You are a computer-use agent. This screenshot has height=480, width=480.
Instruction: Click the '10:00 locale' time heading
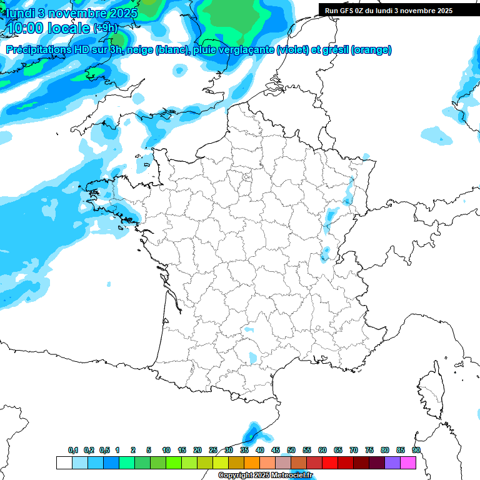coord(47,27)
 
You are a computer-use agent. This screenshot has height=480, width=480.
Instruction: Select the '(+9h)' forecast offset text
coord(105,28)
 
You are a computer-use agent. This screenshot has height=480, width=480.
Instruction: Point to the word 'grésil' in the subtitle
coord(334,50)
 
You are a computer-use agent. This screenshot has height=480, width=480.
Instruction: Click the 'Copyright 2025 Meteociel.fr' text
coord(265,476)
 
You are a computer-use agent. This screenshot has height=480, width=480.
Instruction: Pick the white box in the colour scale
coord(64,463)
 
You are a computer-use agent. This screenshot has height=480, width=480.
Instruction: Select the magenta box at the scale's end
coord(408,463)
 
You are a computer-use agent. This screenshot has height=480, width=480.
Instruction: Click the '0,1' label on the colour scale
coord(73,451)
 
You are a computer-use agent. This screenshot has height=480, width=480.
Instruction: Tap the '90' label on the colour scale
coord(416,451)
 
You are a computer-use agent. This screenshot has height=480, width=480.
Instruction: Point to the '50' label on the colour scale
coord(291,451)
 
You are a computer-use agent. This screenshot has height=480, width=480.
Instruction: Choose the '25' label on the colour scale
coord(213,451)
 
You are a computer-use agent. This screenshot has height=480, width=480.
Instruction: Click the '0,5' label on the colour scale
coord(104,451)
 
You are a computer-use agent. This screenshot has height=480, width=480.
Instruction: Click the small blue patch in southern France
coord(252,358)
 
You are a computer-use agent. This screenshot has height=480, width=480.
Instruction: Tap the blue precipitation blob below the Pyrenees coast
coord(252,431)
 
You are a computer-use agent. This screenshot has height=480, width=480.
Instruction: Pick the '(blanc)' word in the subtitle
coord(173,50)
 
